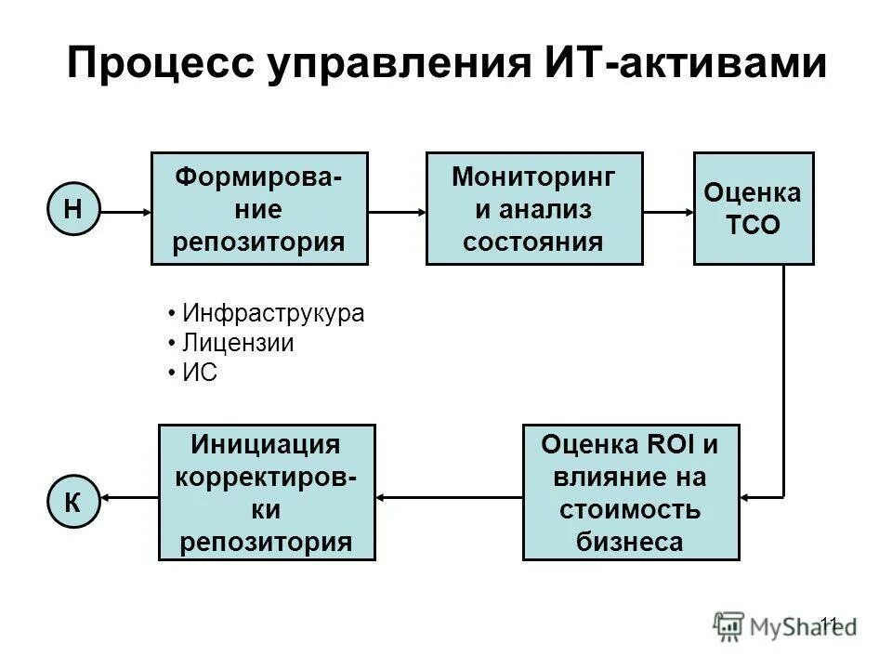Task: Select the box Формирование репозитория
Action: point(259,208)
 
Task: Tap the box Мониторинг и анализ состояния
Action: point(533,208)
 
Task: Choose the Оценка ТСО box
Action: point(754,208)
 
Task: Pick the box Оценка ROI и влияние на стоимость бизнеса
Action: point(631,492)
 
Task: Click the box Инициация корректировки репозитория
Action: point(267,492)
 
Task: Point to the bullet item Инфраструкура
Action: point(272,314)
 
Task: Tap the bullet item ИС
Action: point(199,372)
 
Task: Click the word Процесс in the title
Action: point(160,65)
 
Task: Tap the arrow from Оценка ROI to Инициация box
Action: point(449,497)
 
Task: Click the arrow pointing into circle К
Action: point(127,497)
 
